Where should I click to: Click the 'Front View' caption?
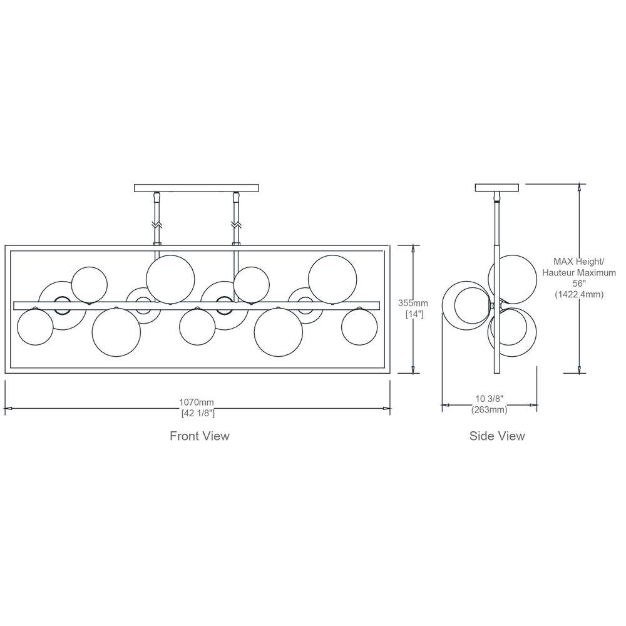tap(200, 436)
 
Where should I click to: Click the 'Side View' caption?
tap(497, 436)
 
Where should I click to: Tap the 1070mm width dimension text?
tap(197, 402)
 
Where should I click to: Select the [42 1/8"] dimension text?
tap(198, 413)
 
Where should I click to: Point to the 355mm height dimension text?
tap(413, 303)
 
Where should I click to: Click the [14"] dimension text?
tap(414, 314)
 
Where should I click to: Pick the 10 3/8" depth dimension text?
tap(490, 398)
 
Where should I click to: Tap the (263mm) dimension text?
tap(490, 409)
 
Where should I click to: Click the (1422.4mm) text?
tap(579, 295)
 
